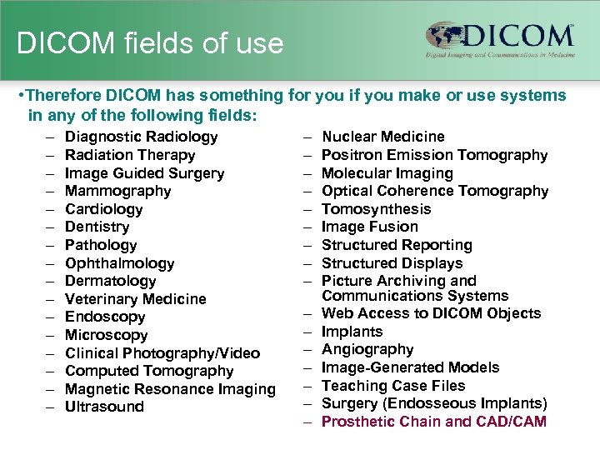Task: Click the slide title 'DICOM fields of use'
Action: coord(150,43)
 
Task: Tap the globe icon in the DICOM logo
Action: coord(447,35)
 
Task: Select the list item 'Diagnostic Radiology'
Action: coord(141,137)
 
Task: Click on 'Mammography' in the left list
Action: coord(117,191)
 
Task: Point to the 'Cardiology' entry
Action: coord(103,209)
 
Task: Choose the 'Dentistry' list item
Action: coord(97,227)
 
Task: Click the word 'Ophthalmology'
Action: coord(119,263)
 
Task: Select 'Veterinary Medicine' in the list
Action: coord(135,299)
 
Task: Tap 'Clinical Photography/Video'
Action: coord(162,353)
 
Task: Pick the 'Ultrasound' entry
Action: coord(104,407)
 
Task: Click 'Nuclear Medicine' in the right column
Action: coord(382,137)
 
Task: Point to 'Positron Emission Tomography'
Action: coord(434,155)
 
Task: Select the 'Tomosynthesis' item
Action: coord(376,209)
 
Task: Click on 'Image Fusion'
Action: coord(369,227)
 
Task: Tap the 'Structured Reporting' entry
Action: coord(397,245)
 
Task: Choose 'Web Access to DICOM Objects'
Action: coord(431,313)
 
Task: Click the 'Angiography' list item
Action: coord(367,349)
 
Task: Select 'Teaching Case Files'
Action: coord(393,386)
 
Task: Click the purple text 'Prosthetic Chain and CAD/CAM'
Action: coord(433,422)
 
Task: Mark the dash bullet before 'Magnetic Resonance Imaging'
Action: coord(50,389)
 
